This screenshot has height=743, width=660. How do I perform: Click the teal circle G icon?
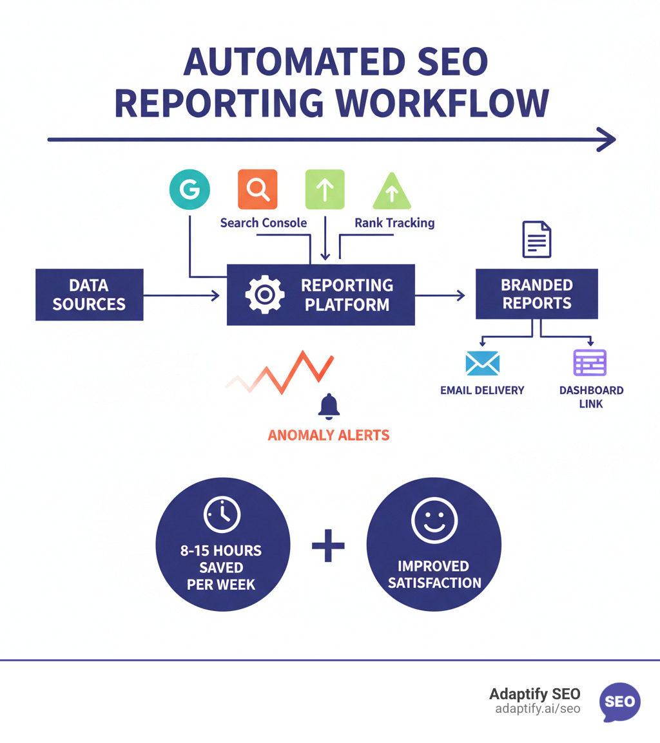(189, 189)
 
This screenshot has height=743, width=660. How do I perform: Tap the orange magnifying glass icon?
(258, 189)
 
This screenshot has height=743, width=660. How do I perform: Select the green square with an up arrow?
(325, 189)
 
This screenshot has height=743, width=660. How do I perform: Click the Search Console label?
(263, 223)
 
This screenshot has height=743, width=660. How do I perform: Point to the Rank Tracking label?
(394, 223)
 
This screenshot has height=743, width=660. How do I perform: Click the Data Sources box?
(89, 295)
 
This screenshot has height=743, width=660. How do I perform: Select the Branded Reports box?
(537, 294)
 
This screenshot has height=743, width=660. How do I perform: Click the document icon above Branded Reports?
(537, 240)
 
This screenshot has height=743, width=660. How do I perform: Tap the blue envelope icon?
(482, 363)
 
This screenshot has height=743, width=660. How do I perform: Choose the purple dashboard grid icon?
(590, 362)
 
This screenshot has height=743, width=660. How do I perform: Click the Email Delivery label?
(482, 390)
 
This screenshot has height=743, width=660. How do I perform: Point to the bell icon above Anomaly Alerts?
(329, 406)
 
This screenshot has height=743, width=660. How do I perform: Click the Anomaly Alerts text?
(329, 435)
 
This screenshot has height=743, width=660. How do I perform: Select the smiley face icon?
(434, 520)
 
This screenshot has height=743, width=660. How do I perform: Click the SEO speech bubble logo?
(619, 701)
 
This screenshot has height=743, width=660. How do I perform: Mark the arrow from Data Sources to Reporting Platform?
(181, 296)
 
